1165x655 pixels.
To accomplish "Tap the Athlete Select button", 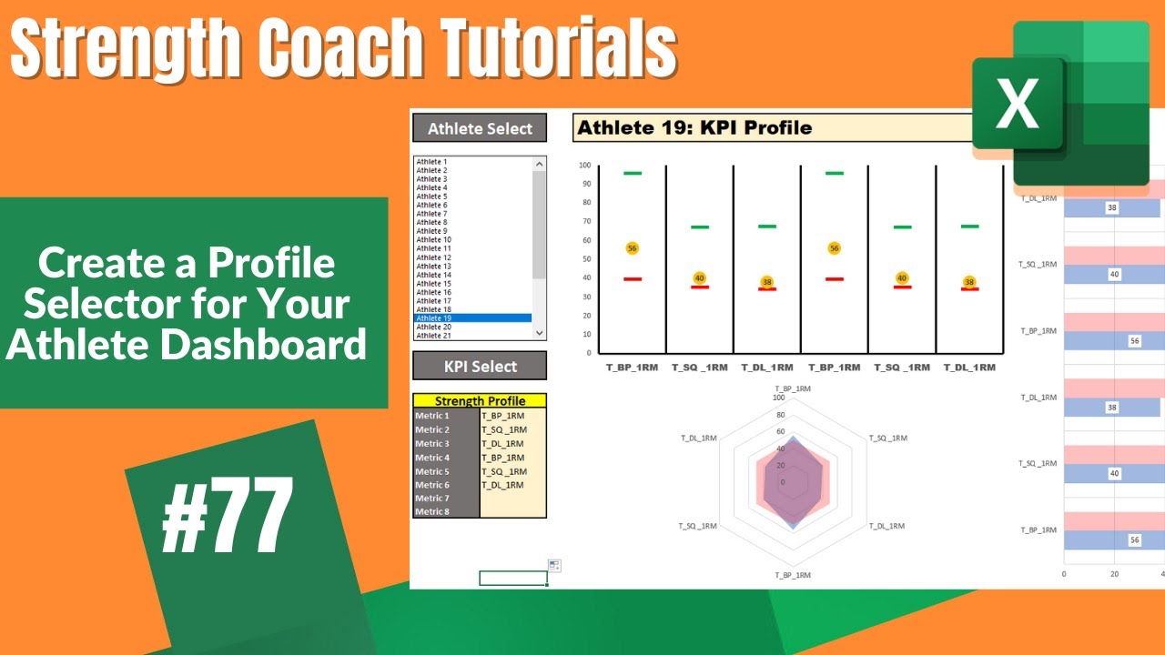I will pyautogui.click(x=480, y=128).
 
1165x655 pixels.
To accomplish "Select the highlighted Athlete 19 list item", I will pyautogui.click(x=472, y=318).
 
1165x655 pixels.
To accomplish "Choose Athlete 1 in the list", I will pyautogui.click(x=432, y=162).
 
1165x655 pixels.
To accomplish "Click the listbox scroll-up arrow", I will pyautogui.click(x=540, y=164).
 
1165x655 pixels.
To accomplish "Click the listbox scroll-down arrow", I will pyautogui.click(x=540, y=334).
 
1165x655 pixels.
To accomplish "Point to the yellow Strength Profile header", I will pyautogui.click(x=480, y=401).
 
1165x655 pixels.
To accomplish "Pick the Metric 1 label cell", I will pyautogui.click(x=445, y=416).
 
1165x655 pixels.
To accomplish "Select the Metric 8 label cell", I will pyautogui.click(x=445, y=512).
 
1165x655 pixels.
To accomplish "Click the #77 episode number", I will pyautogui.click(x=228, y=515).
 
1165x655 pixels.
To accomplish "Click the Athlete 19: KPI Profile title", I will pyautogui.click(x=694, y=128).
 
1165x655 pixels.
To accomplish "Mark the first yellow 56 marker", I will pyautogui.click(x=632, y=248).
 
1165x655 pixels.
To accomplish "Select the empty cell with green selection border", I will pyautogui.click(x=512, y=578).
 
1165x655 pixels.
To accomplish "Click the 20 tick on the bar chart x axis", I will pyautogui.click(x=1114, y=574).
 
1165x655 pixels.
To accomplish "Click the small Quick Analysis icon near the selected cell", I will pyautogui.click(x=555, y=566).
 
